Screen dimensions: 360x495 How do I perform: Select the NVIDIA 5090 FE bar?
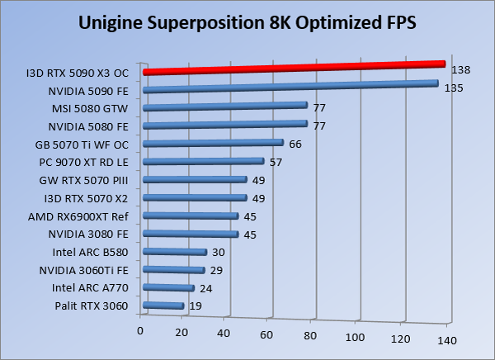[289, 86]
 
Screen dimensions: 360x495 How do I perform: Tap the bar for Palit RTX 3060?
[163, 306]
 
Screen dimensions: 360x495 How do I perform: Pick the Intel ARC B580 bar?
[174, 253]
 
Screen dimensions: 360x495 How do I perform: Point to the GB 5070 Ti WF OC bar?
[213, 143]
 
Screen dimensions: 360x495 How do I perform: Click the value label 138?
[461, 71]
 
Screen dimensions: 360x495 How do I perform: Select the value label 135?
[453, 88]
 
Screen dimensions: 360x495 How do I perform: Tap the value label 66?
[295, 144]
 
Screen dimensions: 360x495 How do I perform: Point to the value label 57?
[276, 162]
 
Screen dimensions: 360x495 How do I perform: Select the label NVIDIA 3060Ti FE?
[83, 270]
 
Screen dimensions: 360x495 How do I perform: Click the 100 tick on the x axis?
[356, 337]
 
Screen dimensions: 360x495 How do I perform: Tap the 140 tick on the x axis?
[446, 340]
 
